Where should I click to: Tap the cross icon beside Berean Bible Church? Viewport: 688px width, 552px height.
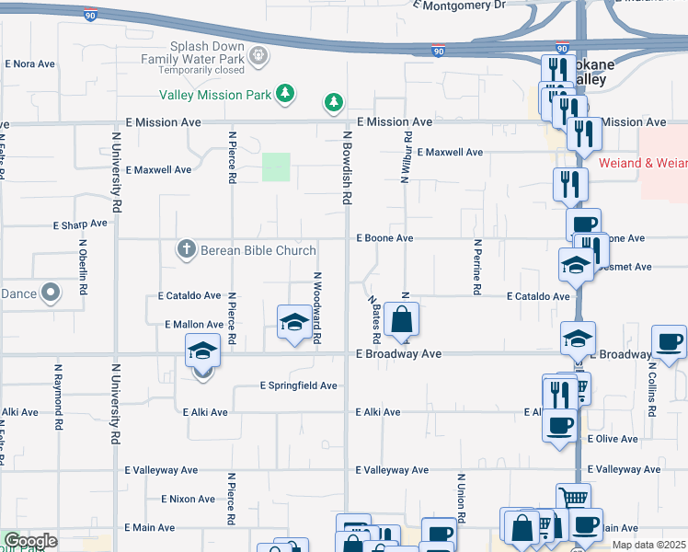(x=186, y=249)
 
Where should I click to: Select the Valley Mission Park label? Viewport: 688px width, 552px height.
(x=214, y=95)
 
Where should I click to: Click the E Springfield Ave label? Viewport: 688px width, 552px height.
(x=299, y=385)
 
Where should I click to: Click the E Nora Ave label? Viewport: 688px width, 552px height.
(x=31, y=64)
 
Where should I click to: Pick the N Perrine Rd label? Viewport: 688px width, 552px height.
(x=477, y=267)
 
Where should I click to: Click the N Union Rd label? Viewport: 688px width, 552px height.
(x=459, y=500)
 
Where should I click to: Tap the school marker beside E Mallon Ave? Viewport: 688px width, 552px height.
(x=293, y=322)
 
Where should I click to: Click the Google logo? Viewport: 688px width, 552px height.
(x=30, y=541)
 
